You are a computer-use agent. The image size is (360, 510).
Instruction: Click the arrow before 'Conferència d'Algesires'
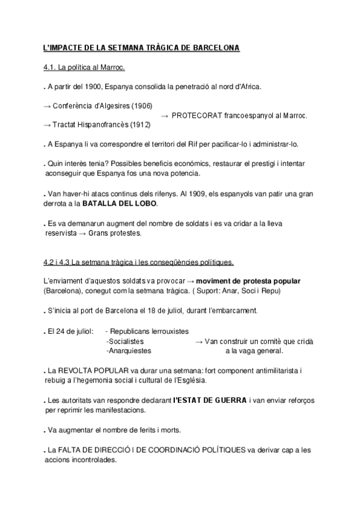[47, 106]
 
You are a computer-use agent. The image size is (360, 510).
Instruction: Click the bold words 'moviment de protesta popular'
[248, 281]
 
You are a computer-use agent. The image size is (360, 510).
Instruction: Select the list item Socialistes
[125, 341]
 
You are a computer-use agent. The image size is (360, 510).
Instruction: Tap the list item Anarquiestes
[129, 351]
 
